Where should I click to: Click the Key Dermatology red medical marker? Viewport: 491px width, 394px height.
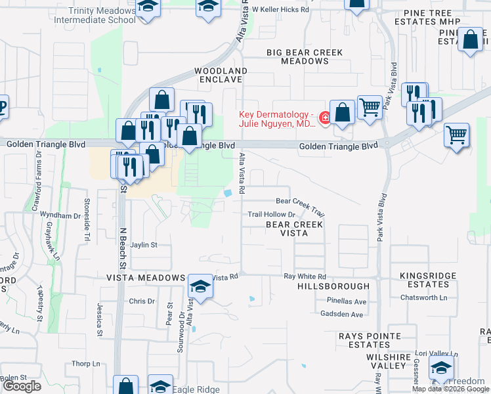pyautogui.click(x=324, y=118)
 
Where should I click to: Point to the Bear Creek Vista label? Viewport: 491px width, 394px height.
pyautogui.click(x=294, y=229)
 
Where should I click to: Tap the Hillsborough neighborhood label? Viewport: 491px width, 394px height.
pyautogui.click(x=333, y=287)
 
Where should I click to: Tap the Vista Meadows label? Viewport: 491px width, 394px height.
pyautogui.click(x=146, y=278)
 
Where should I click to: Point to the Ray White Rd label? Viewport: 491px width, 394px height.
pyautogui.click(x=305, y=277)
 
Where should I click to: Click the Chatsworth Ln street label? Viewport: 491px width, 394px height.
pyautogui.click(x=423, y=297)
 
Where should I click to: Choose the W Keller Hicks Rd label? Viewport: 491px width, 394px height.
pyautogui.click(x=280, y=10)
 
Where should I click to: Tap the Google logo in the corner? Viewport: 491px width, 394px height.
pyautogui.click(x=22, y=387)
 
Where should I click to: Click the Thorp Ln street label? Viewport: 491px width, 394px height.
pyautogui.click(x=86, y=364)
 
